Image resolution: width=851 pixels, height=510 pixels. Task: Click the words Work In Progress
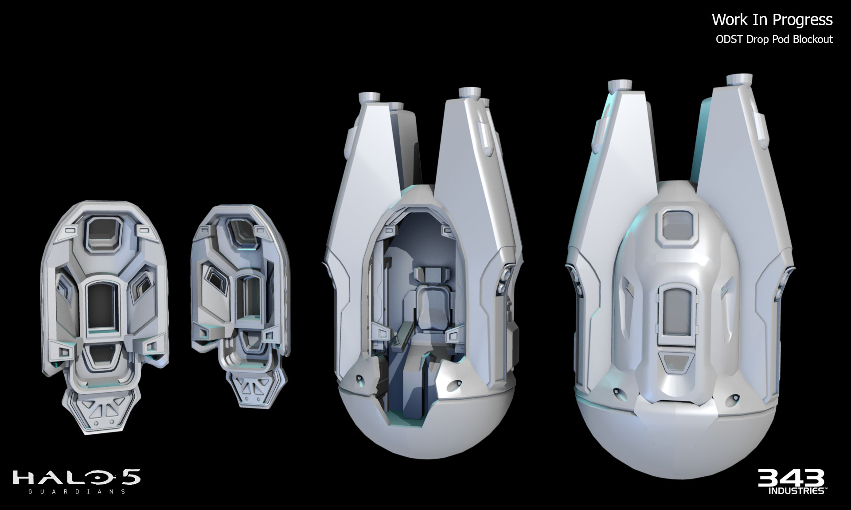pos(772,19)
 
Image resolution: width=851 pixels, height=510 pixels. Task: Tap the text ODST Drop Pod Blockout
pos(774,39)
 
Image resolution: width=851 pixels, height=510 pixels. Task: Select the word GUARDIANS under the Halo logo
pos(76,491)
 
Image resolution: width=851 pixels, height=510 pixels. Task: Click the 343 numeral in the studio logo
pos(791,478)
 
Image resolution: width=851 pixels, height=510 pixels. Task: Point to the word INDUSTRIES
pos(796,491)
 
